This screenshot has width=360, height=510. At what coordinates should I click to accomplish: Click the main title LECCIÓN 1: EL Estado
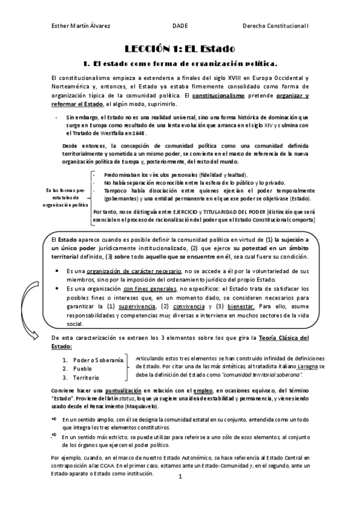[x=180, y=48]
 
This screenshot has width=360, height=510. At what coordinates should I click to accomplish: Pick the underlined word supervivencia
[x=136, y=306]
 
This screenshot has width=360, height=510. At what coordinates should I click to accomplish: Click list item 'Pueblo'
[x=82, y=369]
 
